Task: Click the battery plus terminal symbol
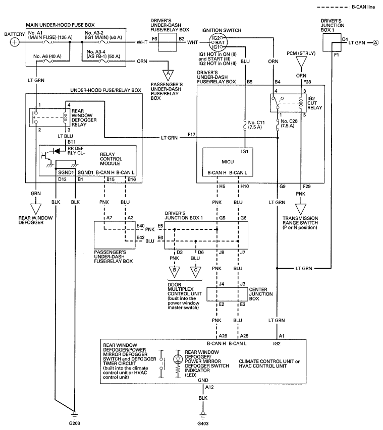pyautogui.click(x=15, y=42)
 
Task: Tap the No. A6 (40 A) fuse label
pyautogui.click(x=47, y=56)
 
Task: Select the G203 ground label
pyautogui.click(x=74, y=423)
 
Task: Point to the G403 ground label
pyautogui.click(x=203, y=423)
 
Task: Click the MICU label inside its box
pyautogui.click(x=228, y=162)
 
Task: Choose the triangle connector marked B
pyautogui.click(x=174, y=271)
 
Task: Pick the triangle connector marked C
pyautogui.click(x=195, y=271)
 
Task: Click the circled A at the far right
pyautogui.click(x=375, y=43)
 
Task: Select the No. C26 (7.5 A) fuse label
pyautogui.click(x=289, y=124)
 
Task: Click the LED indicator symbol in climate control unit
pyautogui.click(x=179, y=359)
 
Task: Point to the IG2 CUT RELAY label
pyautogui.click(x=315, y=103)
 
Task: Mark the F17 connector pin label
pyautogui.click(x=191, y=135)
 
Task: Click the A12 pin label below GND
pyautogui.click(x=209, y=387)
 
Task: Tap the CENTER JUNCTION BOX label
pyautogui.click(x=261, y=294)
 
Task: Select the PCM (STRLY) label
pyautogui.click(x=301, y=53)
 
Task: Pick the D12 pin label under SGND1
pyautogui.click(x=63, y=179)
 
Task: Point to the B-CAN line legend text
pyautogui.click(x=363, y=7)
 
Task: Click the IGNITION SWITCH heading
pyautogui.click(x=221, y=30)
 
